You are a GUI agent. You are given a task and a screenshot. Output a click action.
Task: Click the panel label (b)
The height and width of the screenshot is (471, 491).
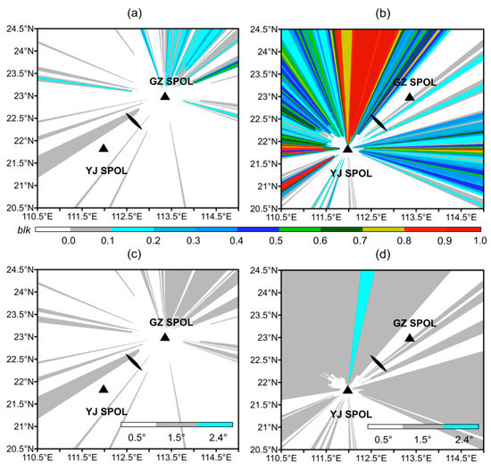click(x=381, y=12)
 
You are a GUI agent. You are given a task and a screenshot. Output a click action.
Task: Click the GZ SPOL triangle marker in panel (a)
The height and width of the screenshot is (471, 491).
click(x=164, y=96)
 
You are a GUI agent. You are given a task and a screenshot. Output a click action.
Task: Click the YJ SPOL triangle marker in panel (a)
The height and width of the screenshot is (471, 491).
click(x=104, y=148)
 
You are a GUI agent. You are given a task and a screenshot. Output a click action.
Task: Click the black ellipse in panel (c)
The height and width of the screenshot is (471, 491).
click(x=133, y=361)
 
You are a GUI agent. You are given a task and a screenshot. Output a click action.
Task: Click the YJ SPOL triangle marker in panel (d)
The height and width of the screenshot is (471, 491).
click(x=347, y=389)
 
